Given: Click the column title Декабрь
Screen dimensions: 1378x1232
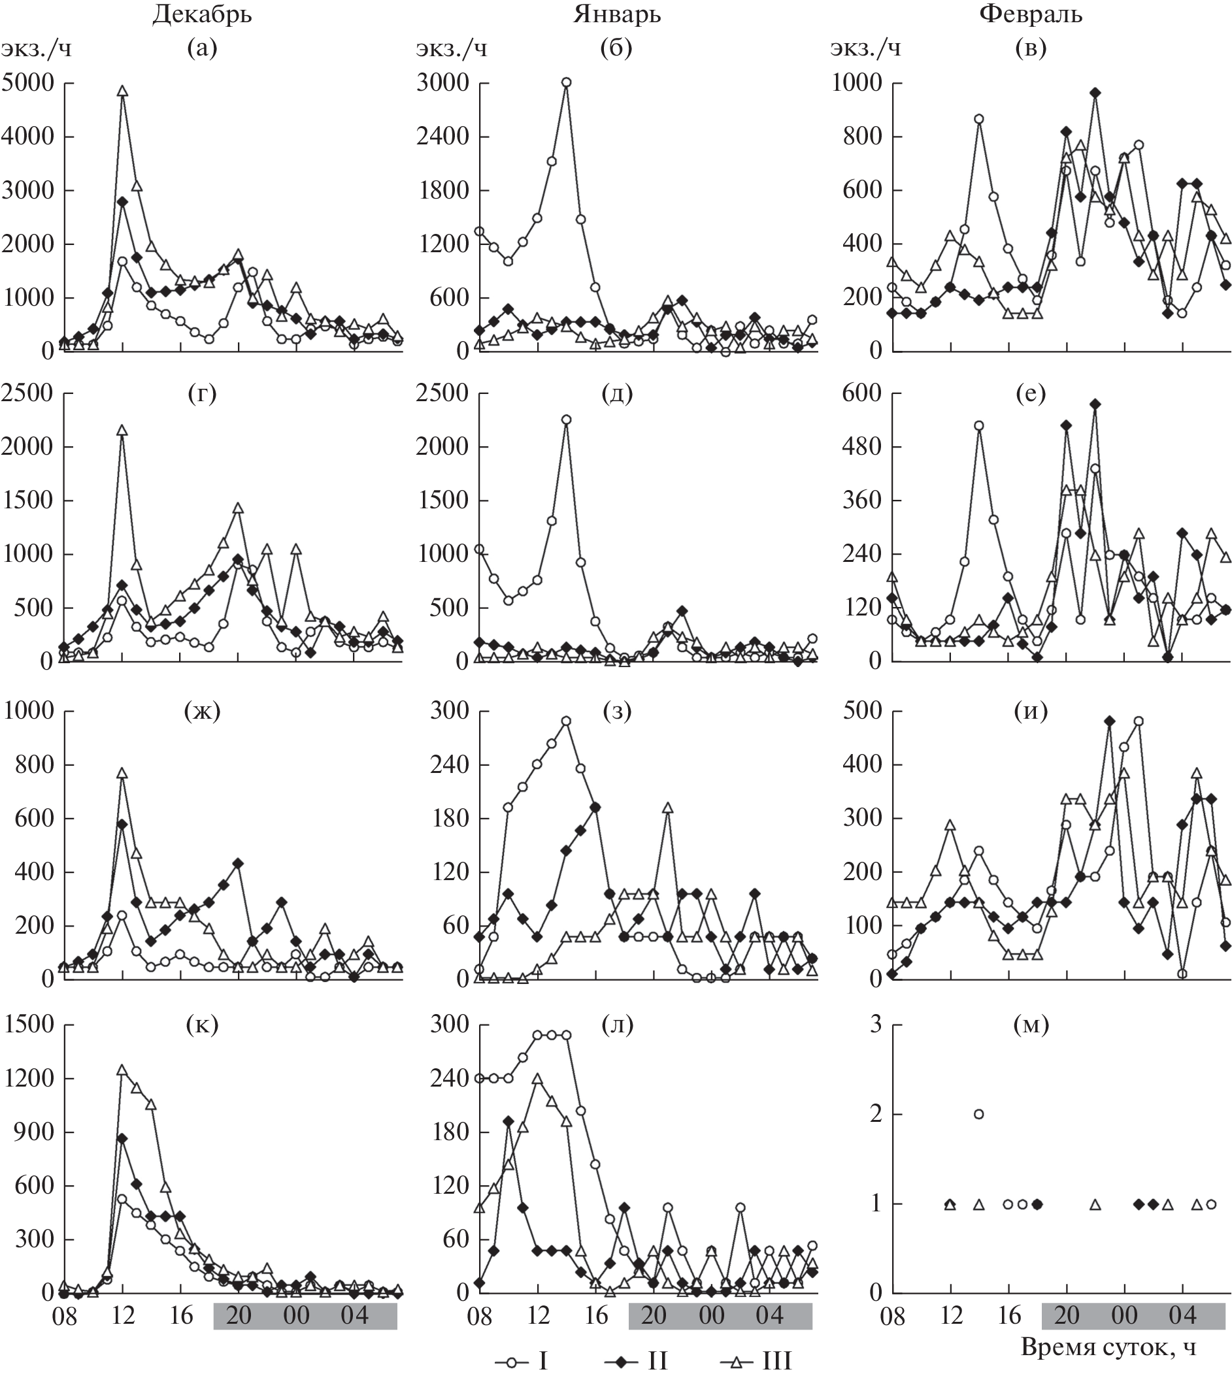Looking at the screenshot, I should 202,15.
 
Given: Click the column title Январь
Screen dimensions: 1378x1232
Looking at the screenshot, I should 617,15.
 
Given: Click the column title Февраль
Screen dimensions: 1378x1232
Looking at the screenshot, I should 1030,15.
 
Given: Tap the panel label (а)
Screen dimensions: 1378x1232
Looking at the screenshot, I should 202,49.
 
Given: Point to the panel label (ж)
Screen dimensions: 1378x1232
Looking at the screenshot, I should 203,712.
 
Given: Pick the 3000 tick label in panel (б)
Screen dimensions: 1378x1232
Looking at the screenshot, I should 442,82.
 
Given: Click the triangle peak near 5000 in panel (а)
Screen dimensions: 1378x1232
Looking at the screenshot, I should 122,91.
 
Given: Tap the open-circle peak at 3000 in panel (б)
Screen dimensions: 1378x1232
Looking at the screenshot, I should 566,82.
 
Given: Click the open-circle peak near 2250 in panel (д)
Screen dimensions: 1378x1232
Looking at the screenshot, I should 566,419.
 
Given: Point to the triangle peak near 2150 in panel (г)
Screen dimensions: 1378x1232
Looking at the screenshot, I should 122,431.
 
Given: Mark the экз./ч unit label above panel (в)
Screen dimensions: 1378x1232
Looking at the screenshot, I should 866,49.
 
